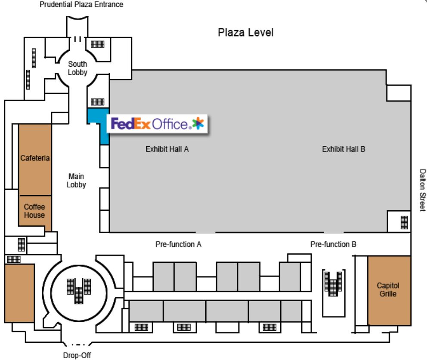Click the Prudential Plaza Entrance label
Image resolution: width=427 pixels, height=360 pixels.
coord(81,5)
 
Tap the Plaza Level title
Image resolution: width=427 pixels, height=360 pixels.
coord(245,33)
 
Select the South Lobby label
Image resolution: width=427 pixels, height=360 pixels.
coord(77,68)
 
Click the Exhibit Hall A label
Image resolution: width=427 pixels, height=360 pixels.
coord(167,149)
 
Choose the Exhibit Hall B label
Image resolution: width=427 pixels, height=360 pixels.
coord(343,149)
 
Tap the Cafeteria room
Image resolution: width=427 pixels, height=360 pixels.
coord(35,158)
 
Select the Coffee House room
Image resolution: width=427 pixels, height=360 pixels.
coord(34,211)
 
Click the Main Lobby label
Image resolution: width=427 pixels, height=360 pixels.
coord(76,180)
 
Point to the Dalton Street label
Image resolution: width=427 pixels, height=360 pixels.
coord(422,189)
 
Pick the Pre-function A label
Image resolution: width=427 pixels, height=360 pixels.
coord(178,244)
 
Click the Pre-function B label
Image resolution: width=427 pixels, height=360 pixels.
coord(333,244)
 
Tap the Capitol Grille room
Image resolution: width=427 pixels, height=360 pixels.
coord(389,290)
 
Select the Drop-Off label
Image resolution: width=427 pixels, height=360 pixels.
coord(77,355)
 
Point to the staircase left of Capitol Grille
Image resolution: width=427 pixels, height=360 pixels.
coord(333,283)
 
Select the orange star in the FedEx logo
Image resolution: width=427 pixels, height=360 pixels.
coord(198,123)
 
